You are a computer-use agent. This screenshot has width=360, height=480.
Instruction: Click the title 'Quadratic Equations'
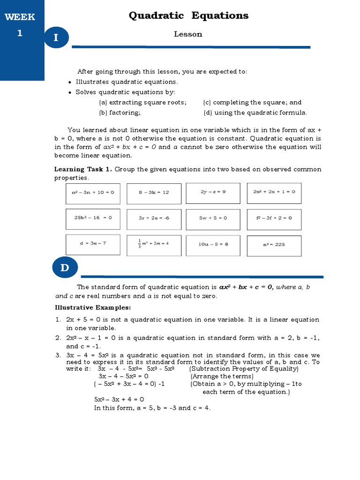click(x=188, y=16)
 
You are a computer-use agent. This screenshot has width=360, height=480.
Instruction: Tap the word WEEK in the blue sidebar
click(x=20, y=17)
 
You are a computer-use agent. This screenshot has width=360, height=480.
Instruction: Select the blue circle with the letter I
click(x=56, y=38)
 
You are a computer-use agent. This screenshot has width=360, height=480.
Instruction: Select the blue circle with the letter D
click(x=65, y=268)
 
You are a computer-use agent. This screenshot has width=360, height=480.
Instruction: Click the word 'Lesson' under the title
click(x=188, y=34)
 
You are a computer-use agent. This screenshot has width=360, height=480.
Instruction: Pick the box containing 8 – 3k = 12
click(x=154, y=193)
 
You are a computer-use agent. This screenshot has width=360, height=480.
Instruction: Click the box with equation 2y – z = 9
click(x=213, y=192)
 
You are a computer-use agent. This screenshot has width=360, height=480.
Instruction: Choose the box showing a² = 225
click(x=274, y=244)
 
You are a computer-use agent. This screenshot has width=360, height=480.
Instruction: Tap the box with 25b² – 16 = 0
click(x=92, y=218)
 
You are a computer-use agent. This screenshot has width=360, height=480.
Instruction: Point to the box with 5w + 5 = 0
click(x=213, y=218)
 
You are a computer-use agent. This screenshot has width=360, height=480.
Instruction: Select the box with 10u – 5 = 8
click(x=213, y=244)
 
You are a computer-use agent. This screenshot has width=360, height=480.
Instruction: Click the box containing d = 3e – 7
click(x=92, y=243)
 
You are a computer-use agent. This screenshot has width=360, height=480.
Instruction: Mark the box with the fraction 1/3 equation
click(x=154, y=244)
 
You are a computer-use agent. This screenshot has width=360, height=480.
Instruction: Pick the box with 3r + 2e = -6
click(x=154, y=218)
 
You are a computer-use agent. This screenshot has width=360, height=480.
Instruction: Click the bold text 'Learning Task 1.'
click(x=83, y=169)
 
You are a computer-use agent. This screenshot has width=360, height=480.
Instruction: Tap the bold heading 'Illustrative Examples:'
click(x=93, y=307)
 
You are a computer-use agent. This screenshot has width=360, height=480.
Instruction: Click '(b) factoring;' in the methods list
click(x=120, y=112)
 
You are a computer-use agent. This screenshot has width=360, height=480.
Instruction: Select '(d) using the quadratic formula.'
click(x=255, y=112)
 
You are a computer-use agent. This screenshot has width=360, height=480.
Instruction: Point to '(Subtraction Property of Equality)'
click(x=244, y=368)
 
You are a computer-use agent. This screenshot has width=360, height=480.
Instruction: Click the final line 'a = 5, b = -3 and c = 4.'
click(x=152, y=408)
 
